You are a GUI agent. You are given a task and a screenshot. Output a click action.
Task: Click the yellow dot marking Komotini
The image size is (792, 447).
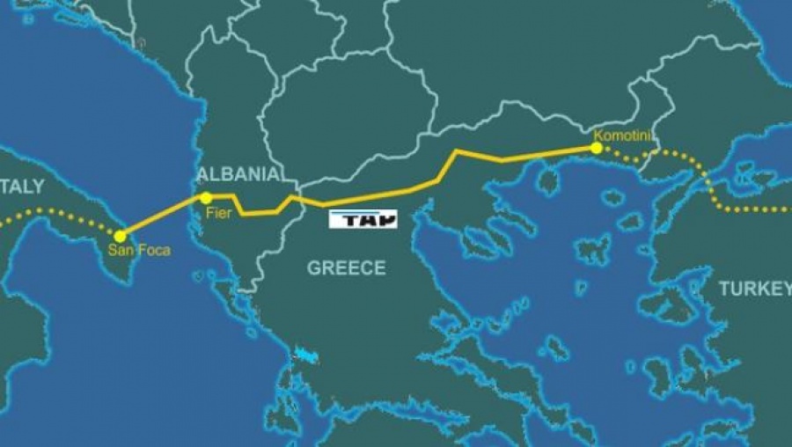click(x=597, y=148)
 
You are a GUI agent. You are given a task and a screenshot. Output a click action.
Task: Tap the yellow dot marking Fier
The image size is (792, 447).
click(x=205, y=198)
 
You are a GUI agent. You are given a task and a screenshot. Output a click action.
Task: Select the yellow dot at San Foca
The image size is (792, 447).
click(x=120, y=236)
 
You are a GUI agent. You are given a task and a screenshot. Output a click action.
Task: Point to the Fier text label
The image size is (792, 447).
click(x=218, y=212)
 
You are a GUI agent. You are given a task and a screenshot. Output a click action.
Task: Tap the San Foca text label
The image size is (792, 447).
click(x=139, y=250)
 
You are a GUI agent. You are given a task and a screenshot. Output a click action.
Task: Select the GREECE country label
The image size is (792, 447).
click(x=346, y=268)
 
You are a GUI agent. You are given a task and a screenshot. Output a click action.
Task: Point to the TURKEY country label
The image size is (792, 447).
click(x=754, y=289)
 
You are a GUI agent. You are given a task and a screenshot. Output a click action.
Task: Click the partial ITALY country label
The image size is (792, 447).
click(x=21, y=187)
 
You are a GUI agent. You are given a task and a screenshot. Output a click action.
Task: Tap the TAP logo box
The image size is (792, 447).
click(x=363, y=219)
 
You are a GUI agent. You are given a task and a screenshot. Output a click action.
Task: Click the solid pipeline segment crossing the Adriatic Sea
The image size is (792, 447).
click(x=163, y=216)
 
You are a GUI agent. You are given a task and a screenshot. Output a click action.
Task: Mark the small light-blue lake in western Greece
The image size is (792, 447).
click(x=305, y=355)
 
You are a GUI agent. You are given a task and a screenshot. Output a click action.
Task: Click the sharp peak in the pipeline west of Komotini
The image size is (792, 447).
click(x=457, y=151)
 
